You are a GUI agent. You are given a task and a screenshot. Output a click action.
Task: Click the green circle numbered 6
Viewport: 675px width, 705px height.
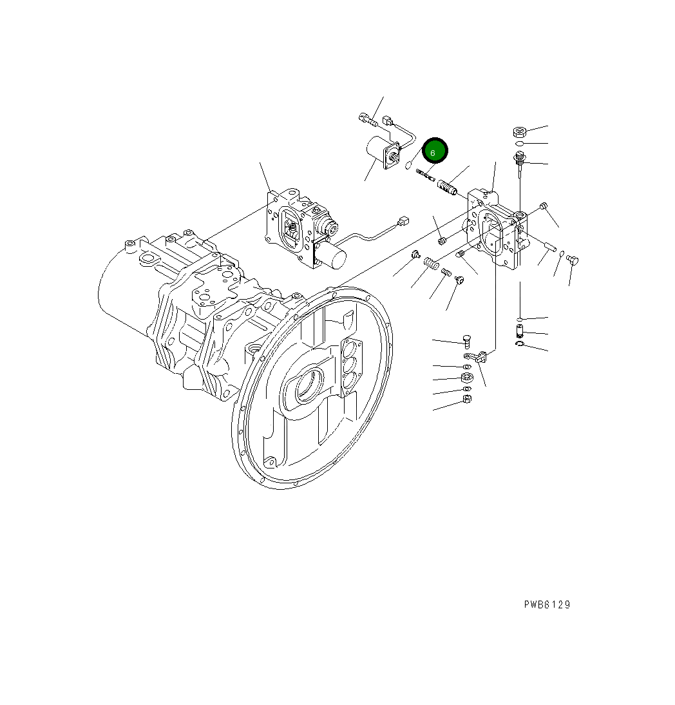coord(434,152)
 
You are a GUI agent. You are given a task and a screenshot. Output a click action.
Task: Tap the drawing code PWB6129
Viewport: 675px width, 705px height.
coord(546,604)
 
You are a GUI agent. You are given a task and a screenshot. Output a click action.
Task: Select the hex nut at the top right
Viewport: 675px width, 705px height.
coord(520,131)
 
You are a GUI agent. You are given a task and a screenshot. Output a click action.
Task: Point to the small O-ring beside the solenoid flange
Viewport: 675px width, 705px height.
coord(408,166)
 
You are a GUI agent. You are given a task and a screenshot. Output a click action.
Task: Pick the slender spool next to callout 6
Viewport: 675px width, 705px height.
coord(426,175)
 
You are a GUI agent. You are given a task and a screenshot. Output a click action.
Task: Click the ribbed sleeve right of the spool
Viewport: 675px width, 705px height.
coord(448,188)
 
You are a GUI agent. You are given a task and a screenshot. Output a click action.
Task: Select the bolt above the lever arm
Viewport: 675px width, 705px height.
coord(468,341)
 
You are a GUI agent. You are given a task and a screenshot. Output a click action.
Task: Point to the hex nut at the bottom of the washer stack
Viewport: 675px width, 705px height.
coord(468,400)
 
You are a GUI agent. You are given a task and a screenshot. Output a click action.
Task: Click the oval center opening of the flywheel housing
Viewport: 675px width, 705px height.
coord(308,387)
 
